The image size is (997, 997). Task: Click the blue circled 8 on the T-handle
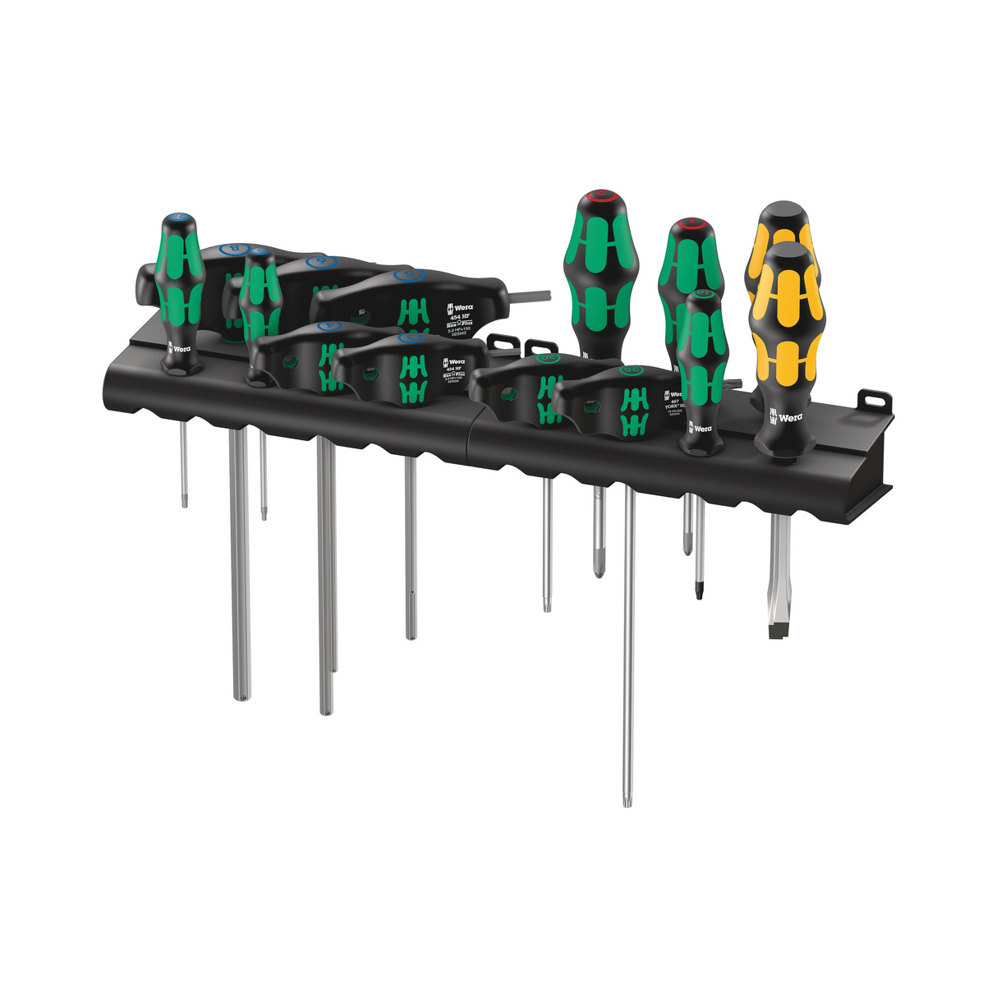[237, 246]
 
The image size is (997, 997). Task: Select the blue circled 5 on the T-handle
[404, 275]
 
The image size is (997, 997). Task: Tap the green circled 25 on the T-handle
[630, 370]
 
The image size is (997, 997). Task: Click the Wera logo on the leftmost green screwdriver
[179, 349]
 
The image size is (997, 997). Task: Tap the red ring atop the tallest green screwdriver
[600, 196]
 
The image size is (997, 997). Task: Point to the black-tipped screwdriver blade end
[699, 590]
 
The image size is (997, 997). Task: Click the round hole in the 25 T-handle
[590, 403]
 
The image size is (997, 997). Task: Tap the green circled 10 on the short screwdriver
[702, 293]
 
